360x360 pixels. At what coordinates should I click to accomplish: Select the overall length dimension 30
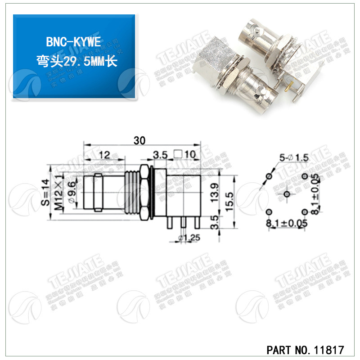139,140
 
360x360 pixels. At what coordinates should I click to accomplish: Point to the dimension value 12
104,154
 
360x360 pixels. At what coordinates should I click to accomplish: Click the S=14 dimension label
44,193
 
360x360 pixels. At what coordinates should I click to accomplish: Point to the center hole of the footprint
287,194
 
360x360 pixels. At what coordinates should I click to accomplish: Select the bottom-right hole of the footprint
304,211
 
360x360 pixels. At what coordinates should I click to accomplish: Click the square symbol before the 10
178,154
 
